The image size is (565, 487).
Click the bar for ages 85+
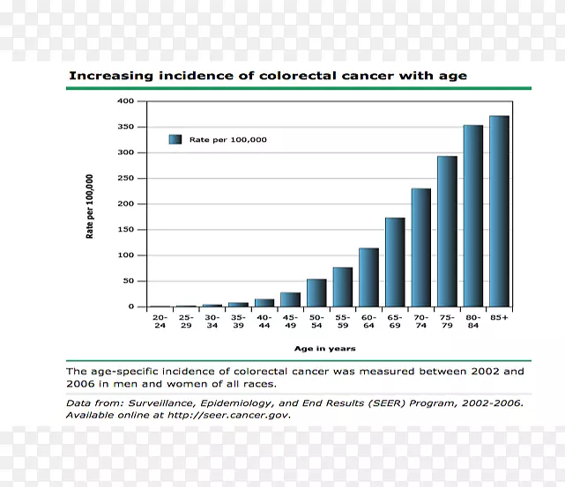tap(499, 211)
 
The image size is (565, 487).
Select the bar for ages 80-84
tap(473, 216)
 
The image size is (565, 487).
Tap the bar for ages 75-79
tap(447, 232)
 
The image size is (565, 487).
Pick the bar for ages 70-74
tap(420, 247)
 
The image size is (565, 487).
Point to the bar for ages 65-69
tap(395, 262)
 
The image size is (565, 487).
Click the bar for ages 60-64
tap(368, 277)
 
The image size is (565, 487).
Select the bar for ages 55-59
tap(342, 287)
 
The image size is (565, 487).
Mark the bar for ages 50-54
tap(316, 293)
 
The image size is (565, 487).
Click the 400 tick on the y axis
tap(125, 101)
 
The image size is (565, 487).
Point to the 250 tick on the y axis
tap(125, 179)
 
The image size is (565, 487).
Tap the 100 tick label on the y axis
tap(125, 255)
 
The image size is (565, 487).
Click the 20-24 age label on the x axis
tap(160, 321)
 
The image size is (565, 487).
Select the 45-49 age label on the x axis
tap(290, 321)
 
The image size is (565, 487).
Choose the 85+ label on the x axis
tap(500, 318)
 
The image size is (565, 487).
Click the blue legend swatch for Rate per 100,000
tap(175, 139)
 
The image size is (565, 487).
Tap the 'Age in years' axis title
tap(325, 349)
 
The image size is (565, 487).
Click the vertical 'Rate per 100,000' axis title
tap(90, 206)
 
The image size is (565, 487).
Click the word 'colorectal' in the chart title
tap(292, 76)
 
